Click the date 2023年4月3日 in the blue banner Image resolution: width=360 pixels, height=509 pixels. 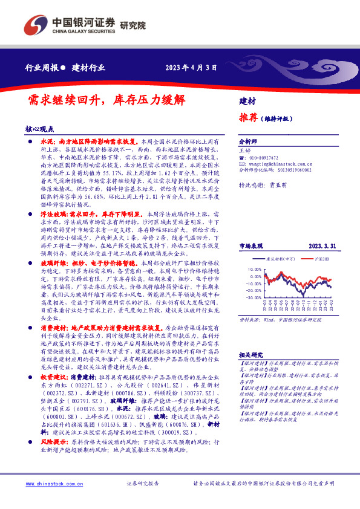pos(191,68)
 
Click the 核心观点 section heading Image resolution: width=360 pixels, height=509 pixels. pos(39,129)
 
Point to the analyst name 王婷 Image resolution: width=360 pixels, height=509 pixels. pos(244,149)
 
